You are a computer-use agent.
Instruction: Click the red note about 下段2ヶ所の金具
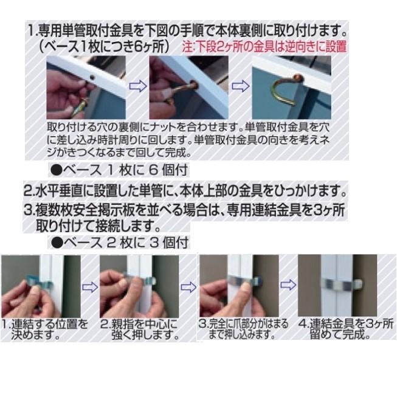tap(264, 47)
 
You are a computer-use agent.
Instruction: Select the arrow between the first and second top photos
tap(138, 86)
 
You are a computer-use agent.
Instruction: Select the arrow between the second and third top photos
tap(241, 86)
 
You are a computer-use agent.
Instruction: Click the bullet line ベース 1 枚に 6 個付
tap(119, 170)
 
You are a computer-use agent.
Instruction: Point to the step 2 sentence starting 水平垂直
tap(185, 191)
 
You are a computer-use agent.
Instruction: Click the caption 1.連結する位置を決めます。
tap(44, 329)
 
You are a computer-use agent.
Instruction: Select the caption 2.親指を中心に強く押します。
tap(140, 329)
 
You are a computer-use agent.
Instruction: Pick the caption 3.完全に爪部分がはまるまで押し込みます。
tap(243, 329)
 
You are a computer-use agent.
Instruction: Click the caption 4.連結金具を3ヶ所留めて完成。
tap(345, 329)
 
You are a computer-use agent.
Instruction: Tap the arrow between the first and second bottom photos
tap(90, 287)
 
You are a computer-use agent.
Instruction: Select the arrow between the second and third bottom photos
tap(188, 287)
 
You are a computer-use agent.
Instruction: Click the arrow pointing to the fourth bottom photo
tap(288, 285)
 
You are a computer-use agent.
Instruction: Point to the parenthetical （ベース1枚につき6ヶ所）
tap(104, 47)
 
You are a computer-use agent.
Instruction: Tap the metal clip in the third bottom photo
tap(244, 280)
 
